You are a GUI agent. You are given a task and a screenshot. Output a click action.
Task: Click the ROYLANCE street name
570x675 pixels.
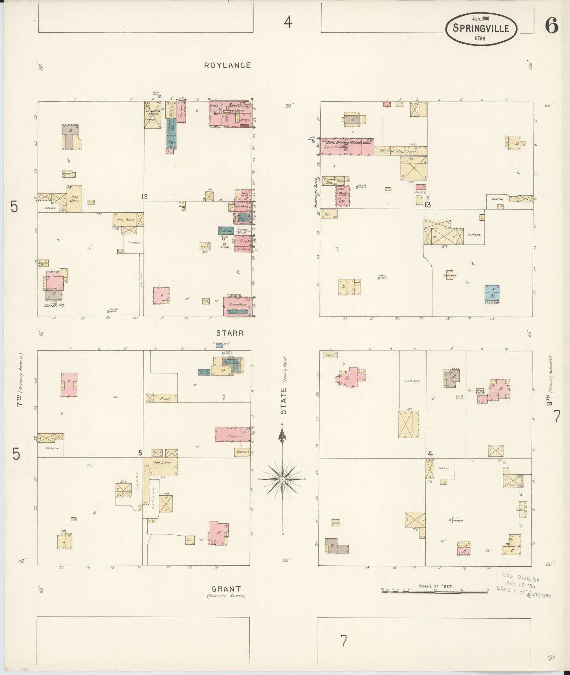(x=228, y=65)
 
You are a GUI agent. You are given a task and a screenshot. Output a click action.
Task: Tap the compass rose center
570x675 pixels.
(x=282, y=479)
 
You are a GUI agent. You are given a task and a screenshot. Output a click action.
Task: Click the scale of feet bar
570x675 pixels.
(x=434, y=592)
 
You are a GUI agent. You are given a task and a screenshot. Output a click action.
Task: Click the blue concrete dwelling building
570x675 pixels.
(x=492, y=293)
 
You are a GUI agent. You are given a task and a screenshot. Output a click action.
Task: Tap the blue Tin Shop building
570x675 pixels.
(x=226, y=230)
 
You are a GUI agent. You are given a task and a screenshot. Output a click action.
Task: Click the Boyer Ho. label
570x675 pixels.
(x=55, y=305)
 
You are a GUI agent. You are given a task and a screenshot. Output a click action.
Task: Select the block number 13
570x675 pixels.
(x=427, y=205)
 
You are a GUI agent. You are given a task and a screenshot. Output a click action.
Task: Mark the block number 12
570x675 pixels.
(x=144, y=197)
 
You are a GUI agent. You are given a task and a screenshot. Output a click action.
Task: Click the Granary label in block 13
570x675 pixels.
(x=450, y=275)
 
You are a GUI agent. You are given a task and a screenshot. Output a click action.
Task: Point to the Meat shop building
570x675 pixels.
(x=243, y=241)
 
